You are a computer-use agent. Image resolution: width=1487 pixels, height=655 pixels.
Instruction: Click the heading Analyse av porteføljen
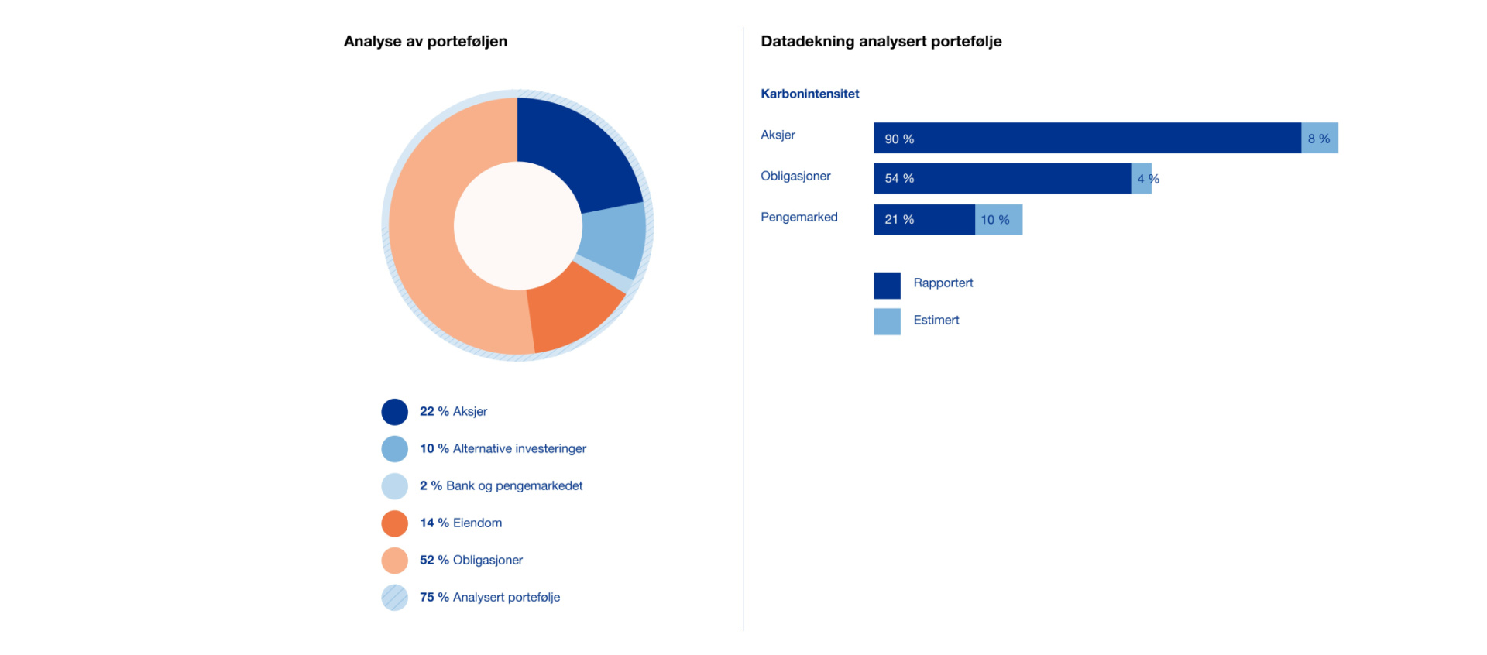click(x=425, y=42)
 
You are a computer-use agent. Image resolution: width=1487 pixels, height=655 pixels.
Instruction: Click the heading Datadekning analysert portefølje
click(x=881, y=42)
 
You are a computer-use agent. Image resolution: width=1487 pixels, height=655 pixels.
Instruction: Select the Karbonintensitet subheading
click(x=810, y=94)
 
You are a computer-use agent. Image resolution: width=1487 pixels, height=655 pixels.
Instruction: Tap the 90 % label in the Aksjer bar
click(x=899, y=139)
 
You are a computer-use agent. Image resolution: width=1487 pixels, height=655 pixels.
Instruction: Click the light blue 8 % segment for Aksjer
click(x=1320, y=138)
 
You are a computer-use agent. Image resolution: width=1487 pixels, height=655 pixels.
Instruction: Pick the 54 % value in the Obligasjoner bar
click(x=899, y=179)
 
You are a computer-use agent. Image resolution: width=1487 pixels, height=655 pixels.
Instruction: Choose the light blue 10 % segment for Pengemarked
click(x=999, y=220)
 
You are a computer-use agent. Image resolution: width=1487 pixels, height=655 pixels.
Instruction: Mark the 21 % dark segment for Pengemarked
click(x=925, y=220)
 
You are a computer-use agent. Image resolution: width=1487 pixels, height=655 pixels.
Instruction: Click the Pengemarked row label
click(x=799, y=218)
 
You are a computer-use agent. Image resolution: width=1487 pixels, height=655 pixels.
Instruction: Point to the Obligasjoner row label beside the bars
click(x=795, y=177)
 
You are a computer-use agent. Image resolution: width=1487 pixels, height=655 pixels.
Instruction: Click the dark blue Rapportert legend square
click(x=888, y=286)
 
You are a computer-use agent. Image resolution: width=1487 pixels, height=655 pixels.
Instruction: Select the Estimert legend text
click(x=936, y=321)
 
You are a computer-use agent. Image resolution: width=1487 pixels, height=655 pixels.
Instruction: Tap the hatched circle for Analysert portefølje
click(x=395, y=598)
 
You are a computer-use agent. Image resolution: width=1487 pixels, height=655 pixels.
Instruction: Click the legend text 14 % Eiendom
click(x=461, y=523)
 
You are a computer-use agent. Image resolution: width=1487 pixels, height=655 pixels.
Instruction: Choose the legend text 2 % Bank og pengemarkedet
click(x=501, y=486)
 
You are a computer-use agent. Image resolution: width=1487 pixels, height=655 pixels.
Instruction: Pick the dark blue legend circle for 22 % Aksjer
click(x=395, y=412)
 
